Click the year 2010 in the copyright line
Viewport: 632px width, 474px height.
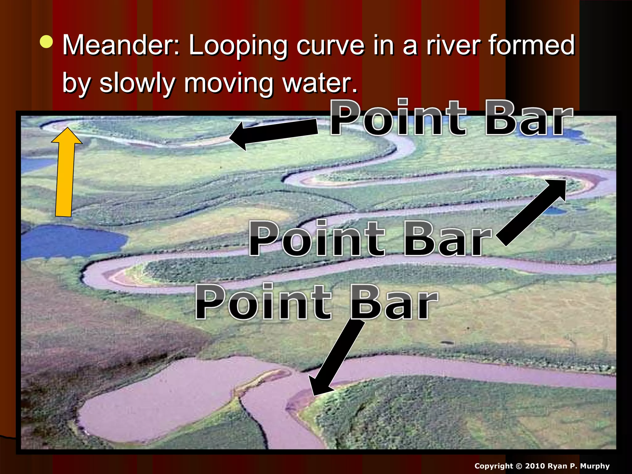pyautogui.click(x=536, y=466)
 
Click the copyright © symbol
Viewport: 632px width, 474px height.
pyautogui.click(x=518, y=466)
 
